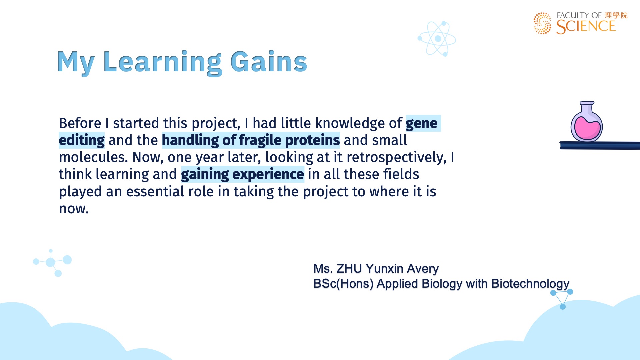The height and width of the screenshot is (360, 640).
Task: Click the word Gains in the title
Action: (x=269, y=62)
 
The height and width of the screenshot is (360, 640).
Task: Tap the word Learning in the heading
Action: (x=163, y=63)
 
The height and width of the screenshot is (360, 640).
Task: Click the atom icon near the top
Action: (x=437, y=39)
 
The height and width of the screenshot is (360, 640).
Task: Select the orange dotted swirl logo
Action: (x=542, y=23)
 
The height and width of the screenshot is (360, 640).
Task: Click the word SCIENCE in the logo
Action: (x=586, y=27)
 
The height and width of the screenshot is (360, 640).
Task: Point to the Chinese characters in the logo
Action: (x=616, y=15)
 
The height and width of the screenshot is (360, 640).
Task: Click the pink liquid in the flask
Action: (x=587, y=128)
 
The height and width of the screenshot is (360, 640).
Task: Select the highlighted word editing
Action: (x=82, y=140)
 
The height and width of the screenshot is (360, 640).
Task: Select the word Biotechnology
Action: (x=530, y=284)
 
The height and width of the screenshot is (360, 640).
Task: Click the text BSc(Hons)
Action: (x=343, y=284)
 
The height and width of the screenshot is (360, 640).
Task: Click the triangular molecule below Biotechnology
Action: (x=562, y=299)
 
